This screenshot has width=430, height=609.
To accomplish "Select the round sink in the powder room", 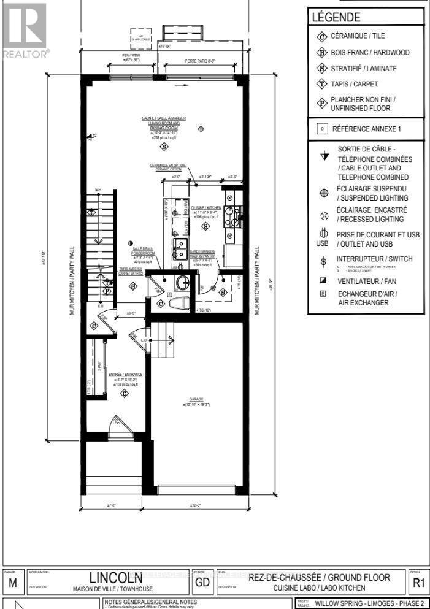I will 182,283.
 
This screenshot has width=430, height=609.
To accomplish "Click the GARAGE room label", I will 196,399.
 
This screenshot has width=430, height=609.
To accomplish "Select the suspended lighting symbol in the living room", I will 201,128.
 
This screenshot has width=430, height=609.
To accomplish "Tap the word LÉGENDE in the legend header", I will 336,18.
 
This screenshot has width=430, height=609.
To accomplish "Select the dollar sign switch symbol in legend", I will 323,260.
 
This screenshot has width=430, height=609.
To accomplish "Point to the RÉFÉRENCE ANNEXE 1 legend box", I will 366,129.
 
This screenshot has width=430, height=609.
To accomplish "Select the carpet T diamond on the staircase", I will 91,213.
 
